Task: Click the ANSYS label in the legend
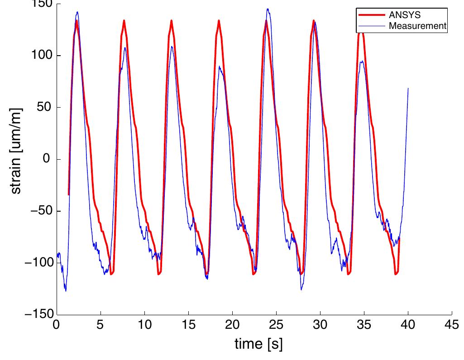pos(405,15)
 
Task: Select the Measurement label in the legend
pos(417,26)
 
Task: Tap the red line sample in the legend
pos(372,15)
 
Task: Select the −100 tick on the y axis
pos(39,263)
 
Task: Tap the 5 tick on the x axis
pos(100,325)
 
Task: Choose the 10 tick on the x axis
pos(144,325)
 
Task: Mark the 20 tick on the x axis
pos(232,325)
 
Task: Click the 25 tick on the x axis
pos(276,325)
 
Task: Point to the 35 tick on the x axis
pos(364,325)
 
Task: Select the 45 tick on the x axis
pos(452,325)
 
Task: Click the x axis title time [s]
pos(258,345)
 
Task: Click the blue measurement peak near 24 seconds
pos(268,9)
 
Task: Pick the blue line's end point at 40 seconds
pos(408,89)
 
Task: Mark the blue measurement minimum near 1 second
pos(66,291)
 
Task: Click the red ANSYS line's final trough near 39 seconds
pos(396,274)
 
